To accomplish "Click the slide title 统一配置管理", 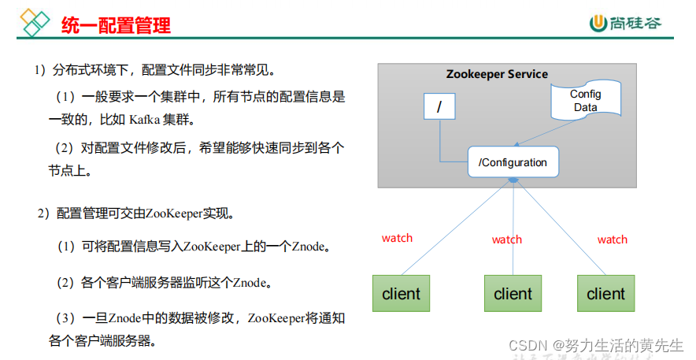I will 117,26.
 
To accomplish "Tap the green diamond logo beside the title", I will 35,23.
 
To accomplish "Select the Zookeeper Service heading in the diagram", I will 497,74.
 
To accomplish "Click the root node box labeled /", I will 439,106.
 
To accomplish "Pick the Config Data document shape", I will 585,101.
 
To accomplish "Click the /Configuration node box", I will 513,163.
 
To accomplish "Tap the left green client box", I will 402,294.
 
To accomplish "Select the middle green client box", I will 513,294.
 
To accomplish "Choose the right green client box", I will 606,294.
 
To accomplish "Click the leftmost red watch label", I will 397,238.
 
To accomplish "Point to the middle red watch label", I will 507,239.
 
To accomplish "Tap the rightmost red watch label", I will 613,239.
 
